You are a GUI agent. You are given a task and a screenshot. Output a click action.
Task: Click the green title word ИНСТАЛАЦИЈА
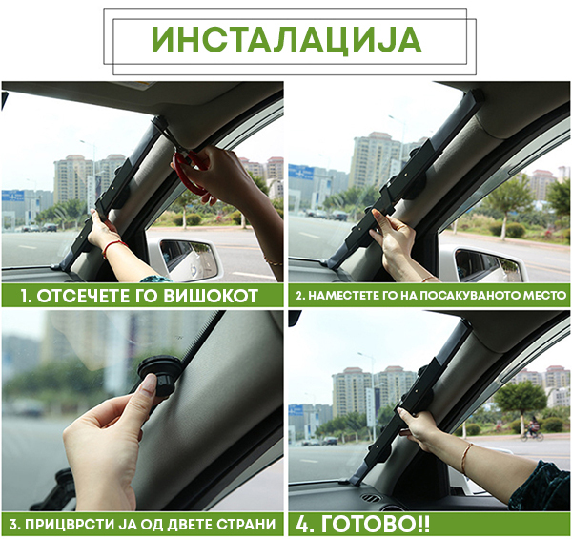[x=286, y=40]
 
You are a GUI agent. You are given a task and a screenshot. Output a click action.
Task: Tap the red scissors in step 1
[x=190, y=172]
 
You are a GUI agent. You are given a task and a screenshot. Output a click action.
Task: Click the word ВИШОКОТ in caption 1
[x=210, y=296]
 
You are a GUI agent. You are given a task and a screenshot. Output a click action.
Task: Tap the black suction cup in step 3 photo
[x=160, y=376]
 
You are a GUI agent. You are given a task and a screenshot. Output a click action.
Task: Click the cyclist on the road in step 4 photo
[x=531, y=427]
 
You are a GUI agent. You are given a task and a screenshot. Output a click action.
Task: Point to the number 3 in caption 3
[x=13, y=525]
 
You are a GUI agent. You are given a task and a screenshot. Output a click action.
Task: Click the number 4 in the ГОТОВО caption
[x=302, y=524]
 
